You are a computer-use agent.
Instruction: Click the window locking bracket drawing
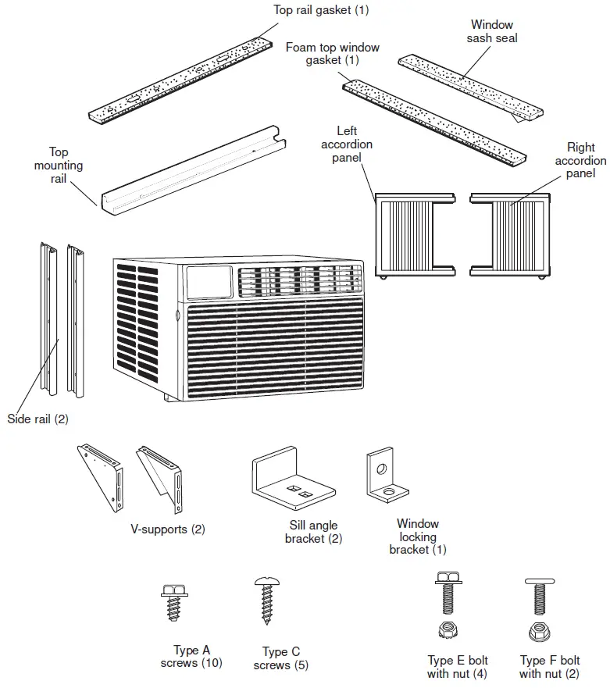pyautogui.click(x=384, y=478)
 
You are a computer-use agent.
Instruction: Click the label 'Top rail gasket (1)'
pyautogui.click(x=321, y=10)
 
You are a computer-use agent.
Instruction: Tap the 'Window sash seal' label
pyautogui.click(x=492, y=31)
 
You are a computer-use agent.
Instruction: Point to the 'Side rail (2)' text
pyautogui.click(x=37, y=419)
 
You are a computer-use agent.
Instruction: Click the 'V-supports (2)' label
pyautogui.click(x=167, y=529)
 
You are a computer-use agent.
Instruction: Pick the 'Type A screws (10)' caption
pyautogui.click(x=191, y=657)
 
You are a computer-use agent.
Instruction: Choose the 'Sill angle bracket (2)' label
pyautogui.click(x=313, y=532)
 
